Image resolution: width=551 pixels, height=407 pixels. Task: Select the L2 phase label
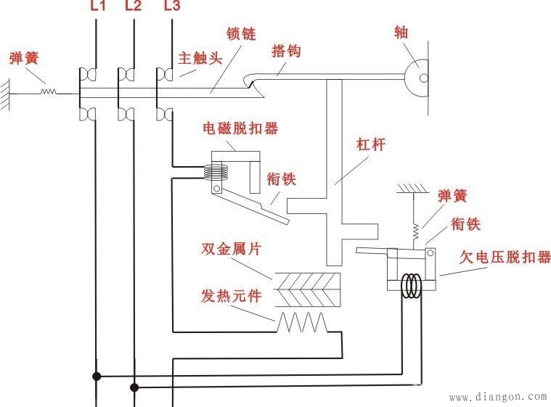(x=134, y=7)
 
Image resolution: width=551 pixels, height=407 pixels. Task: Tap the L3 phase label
(x=171, y=7)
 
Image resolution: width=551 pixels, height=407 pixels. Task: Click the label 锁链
(x=240, y=34)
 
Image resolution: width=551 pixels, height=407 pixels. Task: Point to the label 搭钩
(x=286, y=52)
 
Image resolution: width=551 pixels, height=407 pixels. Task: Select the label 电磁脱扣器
(x=240, y=129)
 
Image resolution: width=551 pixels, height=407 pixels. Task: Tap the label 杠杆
(x=370, y=144)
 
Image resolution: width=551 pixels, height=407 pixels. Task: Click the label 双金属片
(x=231, y=250)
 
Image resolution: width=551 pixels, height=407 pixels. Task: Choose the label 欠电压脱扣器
(x=505, y=258)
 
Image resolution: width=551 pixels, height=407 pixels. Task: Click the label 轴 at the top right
(x=401, y=33)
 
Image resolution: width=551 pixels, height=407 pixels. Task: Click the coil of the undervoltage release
(x=413, y=285)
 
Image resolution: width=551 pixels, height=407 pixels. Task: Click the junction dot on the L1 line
(x=96, y=377)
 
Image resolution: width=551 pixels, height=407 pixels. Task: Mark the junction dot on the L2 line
(x=134, y=387)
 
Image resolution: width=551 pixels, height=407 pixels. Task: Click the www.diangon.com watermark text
(x=498, y=397)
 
